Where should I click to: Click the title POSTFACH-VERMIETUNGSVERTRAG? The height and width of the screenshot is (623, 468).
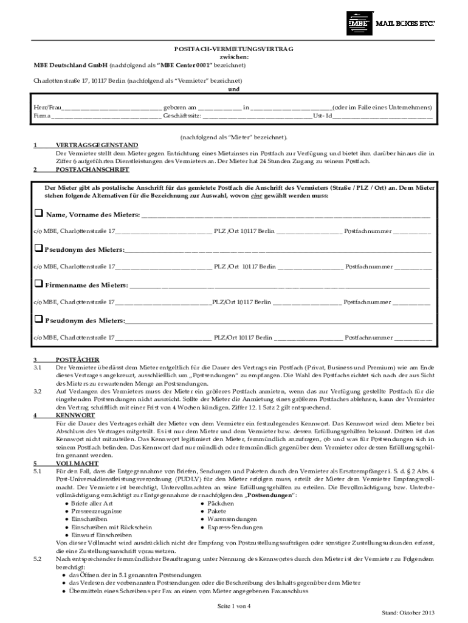[x=234, y=49]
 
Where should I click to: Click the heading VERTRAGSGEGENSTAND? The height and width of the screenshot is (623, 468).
[x=97, y=145]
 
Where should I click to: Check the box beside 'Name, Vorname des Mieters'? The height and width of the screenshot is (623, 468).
[x=38, y=214]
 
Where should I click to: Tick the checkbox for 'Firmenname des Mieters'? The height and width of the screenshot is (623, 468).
[x=38, y=284]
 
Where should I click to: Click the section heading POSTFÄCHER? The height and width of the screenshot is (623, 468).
[x=77, y=360]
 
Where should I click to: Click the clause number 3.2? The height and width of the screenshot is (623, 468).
[x=38, y=391]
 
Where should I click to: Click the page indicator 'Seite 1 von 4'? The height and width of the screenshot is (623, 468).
[x=234, y=607]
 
